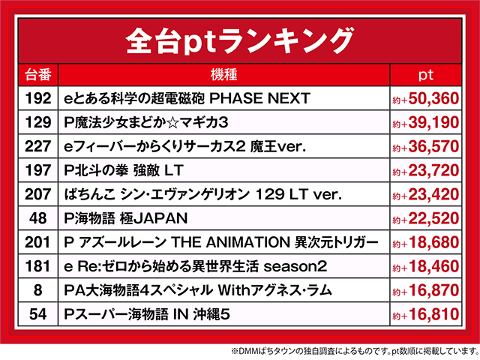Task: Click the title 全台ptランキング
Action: [239, 38]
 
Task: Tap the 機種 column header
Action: [223, 75]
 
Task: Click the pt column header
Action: [425, 75]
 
